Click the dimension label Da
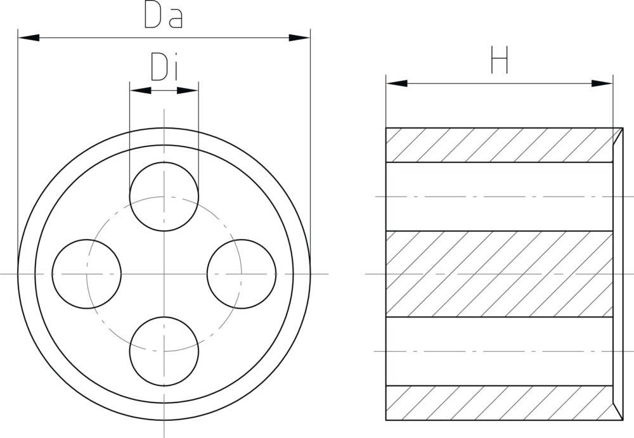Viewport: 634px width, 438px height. (x=164, y=16)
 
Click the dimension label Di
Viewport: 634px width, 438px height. (x=164, y=67)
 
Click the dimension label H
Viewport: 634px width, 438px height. (x=500, y=62)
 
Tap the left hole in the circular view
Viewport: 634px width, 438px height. (x=86, y=273)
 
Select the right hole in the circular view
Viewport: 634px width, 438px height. (x=242, y=273)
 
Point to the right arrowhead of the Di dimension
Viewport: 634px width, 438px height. (x=188, y=91)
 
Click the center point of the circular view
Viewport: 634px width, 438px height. (x=164, y=273)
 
